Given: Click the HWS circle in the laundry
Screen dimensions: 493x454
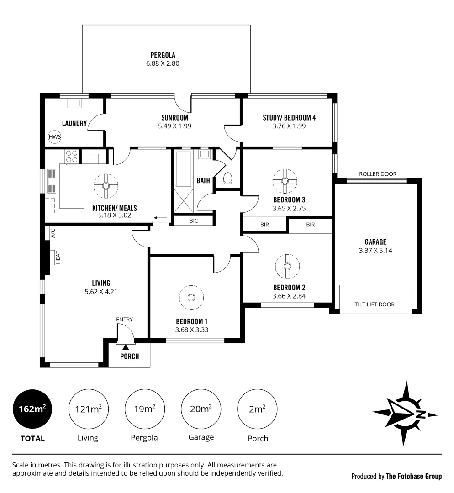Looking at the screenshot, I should tap(55, 136).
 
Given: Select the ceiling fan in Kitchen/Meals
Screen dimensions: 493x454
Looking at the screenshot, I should tap(106, 186).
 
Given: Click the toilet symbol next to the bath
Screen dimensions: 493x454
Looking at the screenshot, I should tap(227, 179).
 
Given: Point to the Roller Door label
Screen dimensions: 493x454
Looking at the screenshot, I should tap(378, 174).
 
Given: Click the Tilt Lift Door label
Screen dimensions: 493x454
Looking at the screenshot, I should tap(375, 304).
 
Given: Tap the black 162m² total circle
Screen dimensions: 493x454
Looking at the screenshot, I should tap(32, 409).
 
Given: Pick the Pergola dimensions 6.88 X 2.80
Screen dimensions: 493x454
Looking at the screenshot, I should tap(159, 64).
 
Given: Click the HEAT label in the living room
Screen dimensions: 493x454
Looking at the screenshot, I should tap(58, 257).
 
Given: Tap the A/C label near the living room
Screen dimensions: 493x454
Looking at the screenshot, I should tap(53, 233).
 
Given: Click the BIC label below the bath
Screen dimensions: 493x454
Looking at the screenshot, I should tap(194, 220).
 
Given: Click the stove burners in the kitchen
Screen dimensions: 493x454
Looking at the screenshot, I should tap(72, 157).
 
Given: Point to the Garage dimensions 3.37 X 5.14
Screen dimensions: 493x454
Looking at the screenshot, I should tap(375, 251).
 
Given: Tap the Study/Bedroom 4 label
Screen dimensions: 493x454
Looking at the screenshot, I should tap(289, 117).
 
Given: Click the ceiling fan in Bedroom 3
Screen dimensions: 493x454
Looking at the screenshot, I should tap(285, 180).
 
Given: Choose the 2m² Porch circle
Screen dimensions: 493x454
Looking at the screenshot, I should tap(258, 409).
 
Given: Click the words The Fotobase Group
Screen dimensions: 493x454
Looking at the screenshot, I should tap(414, 477).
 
